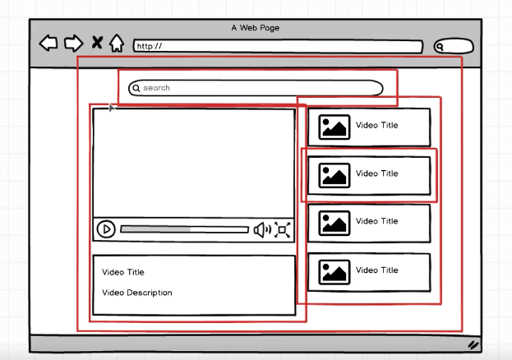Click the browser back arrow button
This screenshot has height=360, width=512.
(48, 43)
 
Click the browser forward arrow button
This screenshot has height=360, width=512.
(73, 43)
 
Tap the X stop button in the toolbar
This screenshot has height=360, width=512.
(97, 43)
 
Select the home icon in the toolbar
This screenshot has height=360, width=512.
(117, 43)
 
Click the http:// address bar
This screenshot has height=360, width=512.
(279, 46)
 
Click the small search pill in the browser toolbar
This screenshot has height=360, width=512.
(454, 46)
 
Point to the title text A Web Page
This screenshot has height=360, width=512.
(256, 28)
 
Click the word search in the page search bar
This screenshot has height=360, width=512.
(156, 88)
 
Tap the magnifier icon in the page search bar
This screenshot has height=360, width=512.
(136, 88)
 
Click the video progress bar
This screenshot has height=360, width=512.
(184, 229)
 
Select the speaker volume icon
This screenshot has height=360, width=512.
(262, 230)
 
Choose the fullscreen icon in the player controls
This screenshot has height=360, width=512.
(282, 229)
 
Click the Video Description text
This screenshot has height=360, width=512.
(136, 293)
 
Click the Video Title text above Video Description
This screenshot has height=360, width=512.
(122, 272)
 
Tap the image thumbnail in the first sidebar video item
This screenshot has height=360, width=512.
(334, 127)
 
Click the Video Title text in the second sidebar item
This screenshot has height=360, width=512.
(377, 173)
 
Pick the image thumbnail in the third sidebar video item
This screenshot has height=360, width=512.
(334, 224)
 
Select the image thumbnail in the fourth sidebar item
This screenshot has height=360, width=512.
(334, 272)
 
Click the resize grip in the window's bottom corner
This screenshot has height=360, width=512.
(473, 345)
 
